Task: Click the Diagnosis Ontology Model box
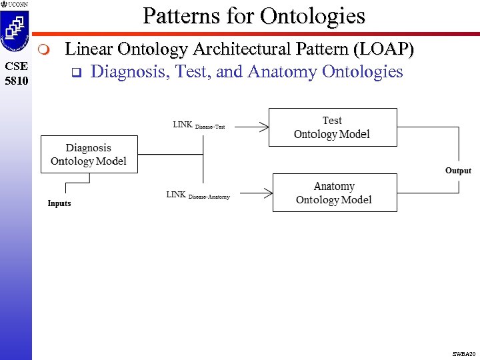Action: pyautogui.click(x=89, y=155)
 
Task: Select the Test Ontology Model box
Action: pyautogui.click(x=332, y=127)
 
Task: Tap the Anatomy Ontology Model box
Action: pyautogui.click(x=335, y=193)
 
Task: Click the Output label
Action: pyautogui.click(x=458, y=171)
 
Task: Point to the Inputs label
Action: pyautogui.click(x=59, y=203)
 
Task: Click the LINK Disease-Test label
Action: pyautogui.click(x=199, y=125)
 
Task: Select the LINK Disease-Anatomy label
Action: pyautogui.click(x=197, y=195)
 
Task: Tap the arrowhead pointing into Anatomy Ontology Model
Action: pyautogui.click(x=268, y=193)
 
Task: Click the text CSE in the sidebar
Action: pyautogui.click(x=16, y=66)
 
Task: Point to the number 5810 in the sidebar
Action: pyautogui.click(x=16, y=79)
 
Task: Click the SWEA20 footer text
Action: pyautogui.click(x=464, y=353)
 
